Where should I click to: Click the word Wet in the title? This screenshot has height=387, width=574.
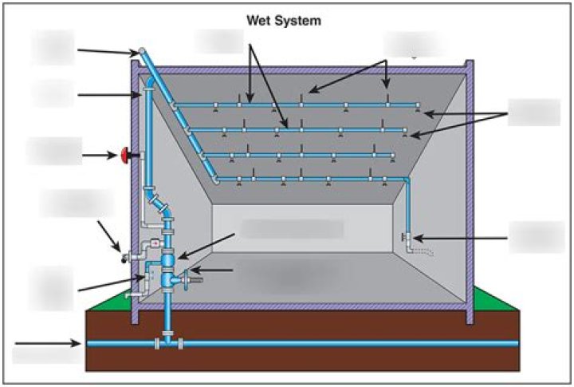tap(260, 21)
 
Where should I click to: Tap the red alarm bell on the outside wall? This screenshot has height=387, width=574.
tap(126, 154)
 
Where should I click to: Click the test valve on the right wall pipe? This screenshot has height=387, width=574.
tap(407, 238)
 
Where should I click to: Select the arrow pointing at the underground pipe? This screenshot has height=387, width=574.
tap(48, 344)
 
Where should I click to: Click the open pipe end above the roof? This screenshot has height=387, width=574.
tap(141, 51)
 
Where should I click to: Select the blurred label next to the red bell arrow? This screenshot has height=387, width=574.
tap(53, 152)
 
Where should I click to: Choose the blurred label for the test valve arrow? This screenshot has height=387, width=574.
tap(537, 237)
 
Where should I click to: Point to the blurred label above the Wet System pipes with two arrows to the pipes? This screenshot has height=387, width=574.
tap(219, 41)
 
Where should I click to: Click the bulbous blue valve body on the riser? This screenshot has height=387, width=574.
tap(168, 259)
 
